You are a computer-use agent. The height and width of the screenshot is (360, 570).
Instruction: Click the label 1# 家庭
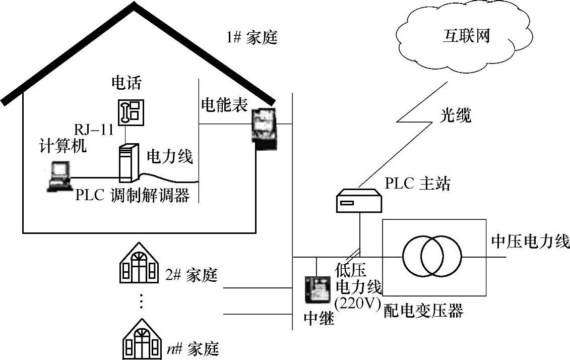click(252, 38)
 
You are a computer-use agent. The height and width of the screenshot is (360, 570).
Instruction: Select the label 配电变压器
click(423, 310)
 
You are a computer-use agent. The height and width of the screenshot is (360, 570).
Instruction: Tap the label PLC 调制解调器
click(132, 195)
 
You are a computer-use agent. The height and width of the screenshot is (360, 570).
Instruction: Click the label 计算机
click(62, 146)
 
